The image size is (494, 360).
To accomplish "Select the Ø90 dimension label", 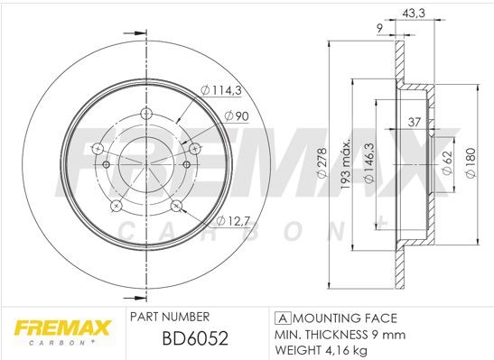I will tap(236, 115).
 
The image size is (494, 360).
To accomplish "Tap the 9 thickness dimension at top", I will tap(379, 29).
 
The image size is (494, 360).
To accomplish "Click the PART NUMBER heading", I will tap(170, 318).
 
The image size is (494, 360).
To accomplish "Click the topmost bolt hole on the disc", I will tap(145, 115).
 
